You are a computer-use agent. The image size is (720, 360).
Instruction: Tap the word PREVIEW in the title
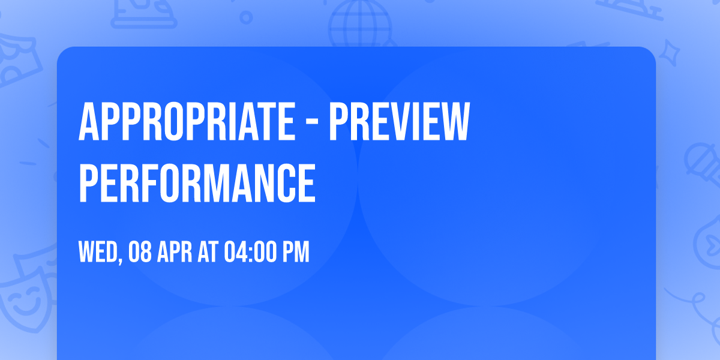click(x=398, y=122)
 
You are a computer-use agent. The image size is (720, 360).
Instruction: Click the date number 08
click(x=140, y=253)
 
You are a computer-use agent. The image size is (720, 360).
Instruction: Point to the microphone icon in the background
click(x=699, y=159)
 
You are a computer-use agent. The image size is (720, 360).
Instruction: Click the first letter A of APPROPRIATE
click(x=88, y=122)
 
